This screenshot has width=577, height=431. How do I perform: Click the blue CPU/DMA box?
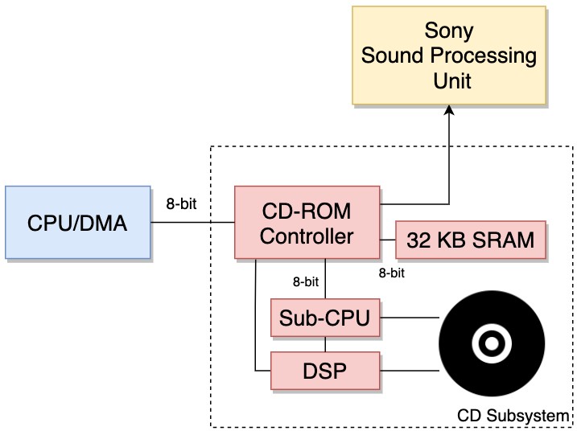point(77,222)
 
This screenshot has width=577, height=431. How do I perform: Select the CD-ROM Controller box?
point(307,222)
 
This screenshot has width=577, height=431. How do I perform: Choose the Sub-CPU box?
point(324,318)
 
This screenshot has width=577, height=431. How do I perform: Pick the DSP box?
point(324,371)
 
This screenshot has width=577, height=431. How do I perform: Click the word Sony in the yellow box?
point(448,32)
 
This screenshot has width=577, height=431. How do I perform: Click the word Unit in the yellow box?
point(448,81)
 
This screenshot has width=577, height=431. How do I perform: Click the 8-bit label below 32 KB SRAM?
point(391,273)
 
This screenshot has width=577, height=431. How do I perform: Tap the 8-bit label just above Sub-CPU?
point(306,282)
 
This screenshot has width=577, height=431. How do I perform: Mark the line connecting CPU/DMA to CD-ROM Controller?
point(192,223)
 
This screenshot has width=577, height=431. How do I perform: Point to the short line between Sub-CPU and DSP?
point(324,344)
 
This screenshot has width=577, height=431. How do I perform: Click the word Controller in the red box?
point(307,236)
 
